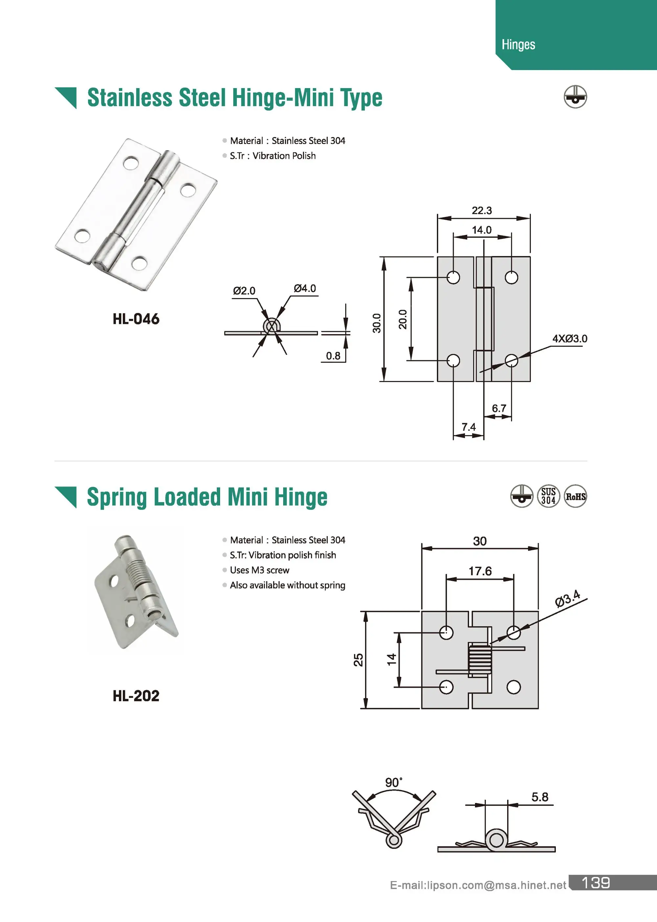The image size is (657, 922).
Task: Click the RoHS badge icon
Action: coord(575,496)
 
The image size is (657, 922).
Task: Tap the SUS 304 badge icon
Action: coord(548,496)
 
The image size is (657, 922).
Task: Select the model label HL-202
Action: coord(136,696)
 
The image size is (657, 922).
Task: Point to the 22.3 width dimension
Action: coord(482,210)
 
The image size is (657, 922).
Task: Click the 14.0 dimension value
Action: coord(482,230)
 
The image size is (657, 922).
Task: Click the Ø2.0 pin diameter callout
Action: coord(244,291)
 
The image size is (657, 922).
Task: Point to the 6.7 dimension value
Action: coord(499,408)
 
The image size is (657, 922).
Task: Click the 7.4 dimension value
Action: coord(468,427)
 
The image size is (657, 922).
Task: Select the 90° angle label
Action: coord(393,782)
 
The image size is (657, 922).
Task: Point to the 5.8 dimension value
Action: coord(540,797)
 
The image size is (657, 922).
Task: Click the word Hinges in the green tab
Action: coord(518,44)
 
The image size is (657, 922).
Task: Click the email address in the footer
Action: coord(478,885)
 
